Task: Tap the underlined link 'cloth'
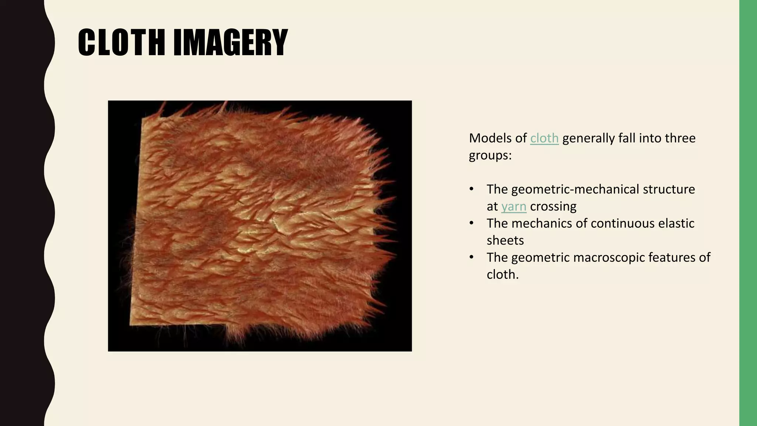click(544, 138)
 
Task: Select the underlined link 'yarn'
click(513, 206)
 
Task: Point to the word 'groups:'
click(490, 155)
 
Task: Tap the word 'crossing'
click(553, 206)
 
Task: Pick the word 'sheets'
click(505, 240)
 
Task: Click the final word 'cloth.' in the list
click(503, 274)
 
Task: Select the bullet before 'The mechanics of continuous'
click(471, 223)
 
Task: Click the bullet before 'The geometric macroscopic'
click(471, 257)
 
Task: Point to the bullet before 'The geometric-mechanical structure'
click(471, 189)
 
